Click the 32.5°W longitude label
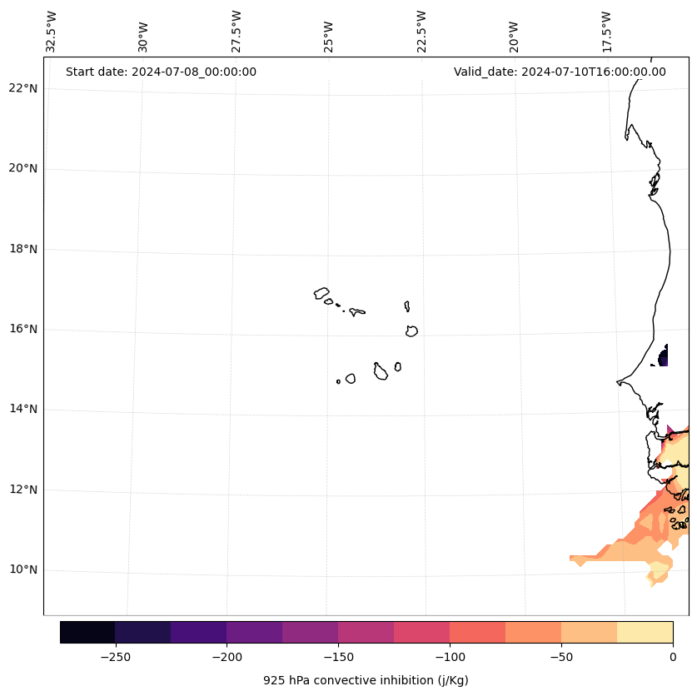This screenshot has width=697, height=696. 52,32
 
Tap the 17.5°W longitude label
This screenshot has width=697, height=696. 606,32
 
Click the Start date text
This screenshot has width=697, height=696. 161,72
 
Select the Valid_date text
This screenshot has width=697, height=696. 560,72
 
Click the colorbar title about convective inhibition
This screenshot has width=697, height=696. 366,680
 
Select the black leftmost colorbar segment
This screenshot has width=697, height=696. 87,632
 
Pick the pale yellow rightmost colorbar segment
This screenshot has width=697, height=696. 645,632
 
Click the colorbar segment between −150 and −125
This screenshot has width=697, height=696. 366,632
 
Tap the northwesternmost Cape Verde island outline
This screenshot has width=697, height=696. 321,293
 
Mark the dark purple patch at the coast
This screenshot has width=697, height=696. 664,358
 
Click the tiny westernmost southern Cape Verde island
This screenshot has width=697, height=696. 338,381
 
